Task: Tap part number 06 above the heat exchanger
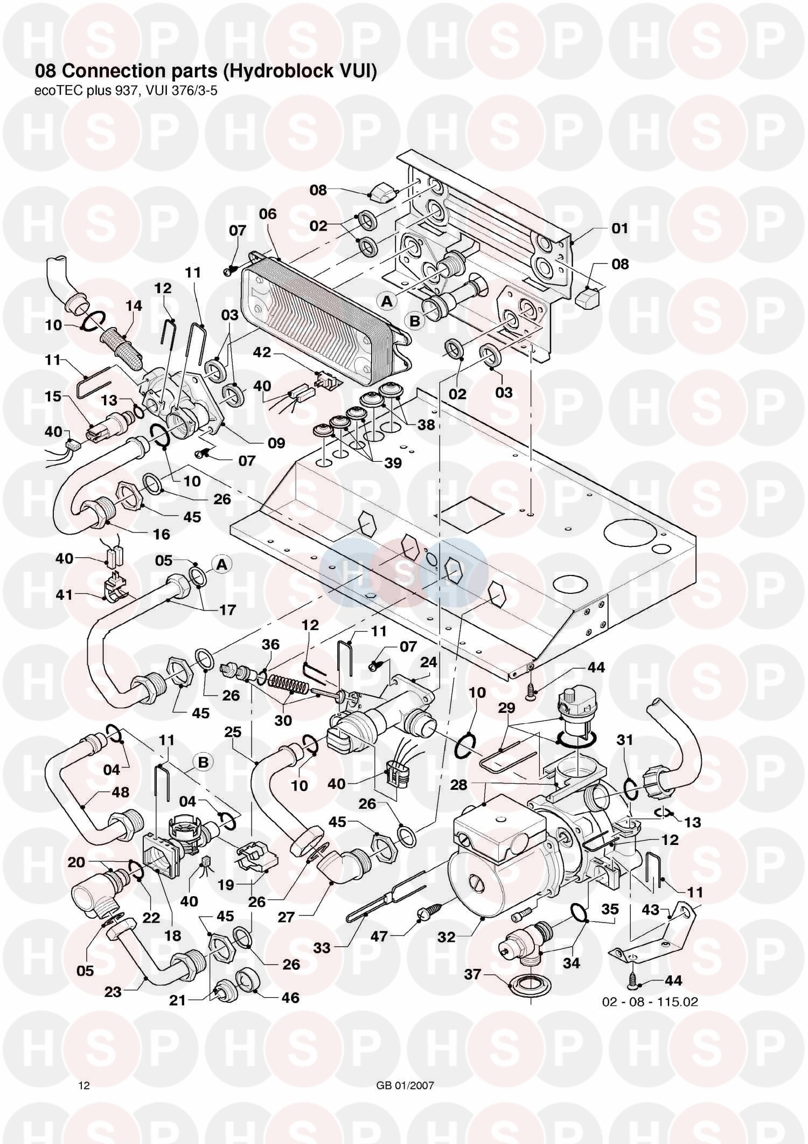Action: pyautogui.click(x=268, y=214)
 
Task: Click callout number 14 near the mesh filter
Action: pyautogui.click(x=134, y=306)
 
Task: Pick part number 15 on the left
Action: pyautogui.click(x=53, y=397)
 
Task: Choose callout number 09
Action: pyautogui.click(x=276, y=443)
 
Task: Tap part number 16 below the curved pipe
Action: pyautogui.click(x=162, y=534)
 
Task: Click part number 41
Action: pyautogui.click(x=64, y=595)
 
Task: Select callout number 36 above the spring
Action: pyautogui.click(x=271, y=644)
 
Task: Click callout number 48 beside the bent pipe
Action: pyautogui.click(x=120, y=792)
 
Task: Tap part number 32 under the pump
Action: pyautogui.click(x=447, y=937)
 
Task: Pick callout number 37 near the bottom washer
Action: pyautogui.click(x=472, y=975)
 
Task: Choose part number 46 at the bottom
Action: pyautogui.click(x=290, y=997)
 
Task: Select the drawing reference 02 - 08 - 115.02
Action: pyautogui.click(x=650, y=1002)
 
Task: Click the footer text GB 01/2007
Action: pyautogui.click(x=405, y=1070)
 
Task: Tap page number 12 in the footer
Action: pyautogui.click(x=84, y=1070)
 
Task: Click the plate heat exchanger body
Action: pyautogui.click(x=323, y=313)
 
